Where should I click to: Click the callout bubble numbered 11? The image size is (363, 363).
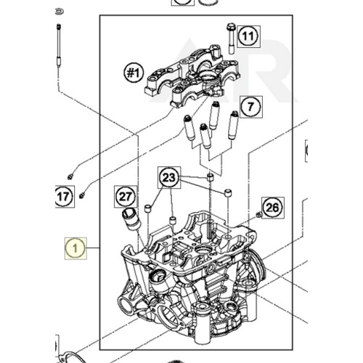(x=249, y=36)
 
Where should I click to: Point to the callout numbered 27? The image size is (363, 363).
(x=126, y=195)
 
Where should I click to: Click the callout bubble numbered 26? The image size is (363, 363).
(x=272, y=207)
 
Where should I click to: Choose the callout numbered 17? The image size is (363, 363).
(x=64, y=195)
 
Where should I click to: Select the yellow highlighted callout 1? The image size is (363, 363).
(x=75, y=250)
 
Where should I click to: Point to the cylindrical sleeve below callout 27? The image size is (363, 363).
(x=131, y=217)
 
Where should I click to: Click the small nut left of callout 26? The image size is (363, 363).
(x=258, y=216)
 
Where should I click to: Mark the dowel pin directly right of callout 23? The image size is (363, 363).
(x=210, y=177)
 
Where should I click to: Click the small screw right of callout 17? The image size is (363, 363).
(x=82, y=195)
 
